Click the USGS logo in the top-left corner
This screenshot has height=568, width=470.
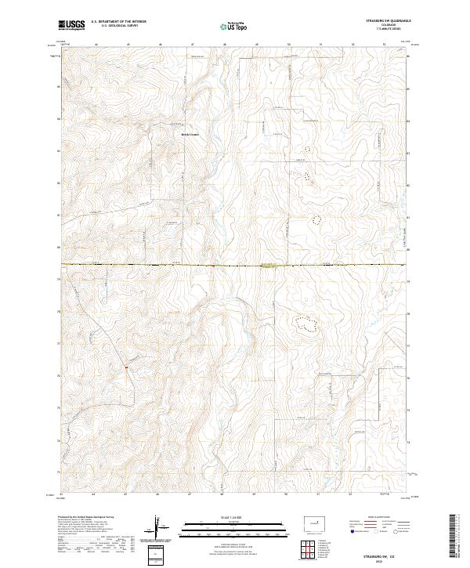[70, 26]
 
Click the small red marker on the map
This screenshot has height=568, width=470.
[125, 365]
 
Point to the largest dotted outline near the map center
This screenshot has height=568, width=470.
[305, 322]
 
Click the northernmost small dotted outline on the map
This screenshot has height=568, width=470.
[307, 147]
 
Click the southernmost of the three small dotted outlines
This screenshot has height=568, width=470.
[316, 220]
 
